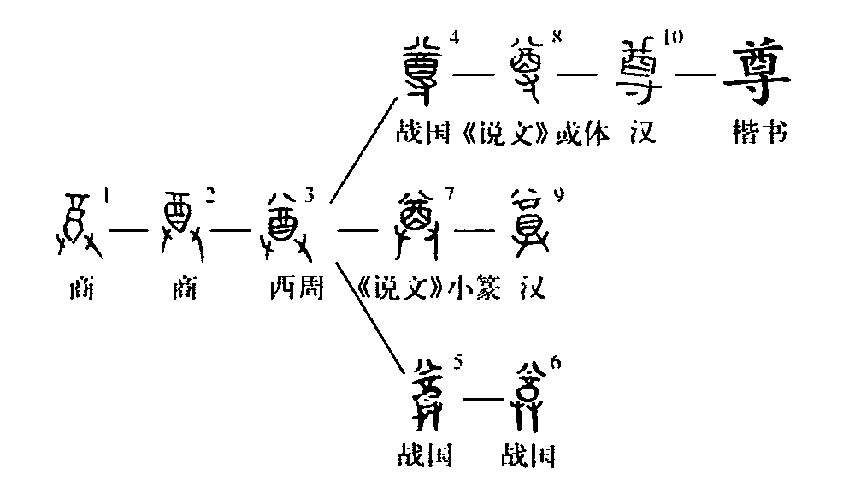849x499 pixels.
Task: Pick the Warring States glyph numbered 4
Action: [424, 68]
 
